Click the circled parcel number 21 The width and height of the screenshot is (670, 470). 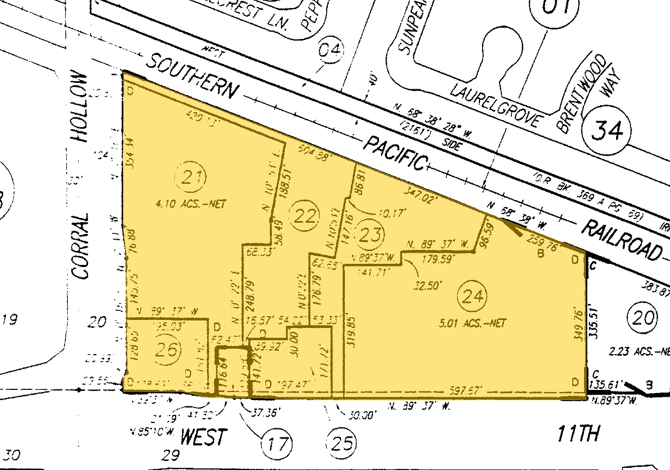(x=193, y=177)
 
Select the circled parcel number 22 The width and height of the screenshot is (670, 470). (x=305, y=216)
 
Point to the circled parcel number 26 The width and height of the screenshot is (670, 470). (x=167, y=350)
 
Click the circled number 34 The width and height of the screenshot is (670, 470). (x=608, y=130)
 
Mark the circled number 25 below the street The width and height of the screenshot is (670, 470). (x=341, y=443)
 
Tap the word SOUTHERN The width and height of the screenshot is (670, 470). (x=191, y=76)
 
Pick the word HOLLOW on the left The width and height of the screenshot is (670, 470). (x=80, y=107)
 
